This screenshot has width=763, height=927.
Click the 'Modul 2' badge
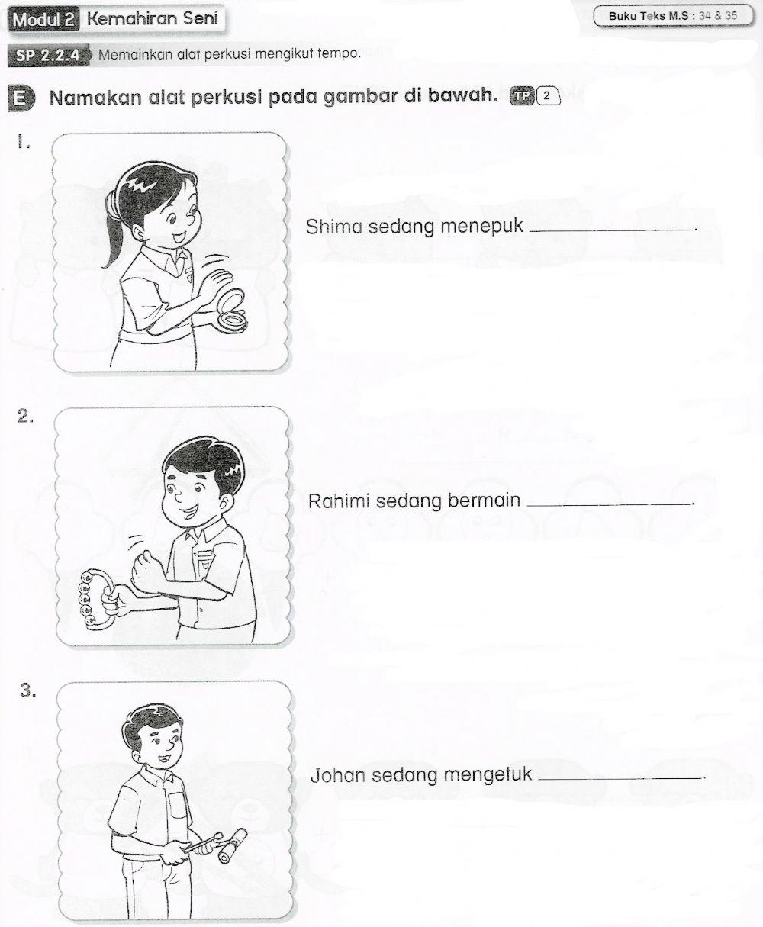43,21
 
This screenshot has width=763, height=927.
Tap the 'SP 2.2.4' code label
48,56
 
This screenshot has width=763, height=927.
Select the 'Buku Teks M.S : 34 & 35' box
668,16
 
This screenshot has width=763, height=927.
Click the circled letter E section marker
23,99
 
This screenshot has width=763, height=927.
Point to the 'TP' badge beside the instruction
523,96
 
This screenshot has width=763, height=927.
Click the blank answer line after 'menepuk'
610,230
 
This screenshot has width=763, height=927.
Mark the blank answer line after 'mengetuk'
620,779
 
